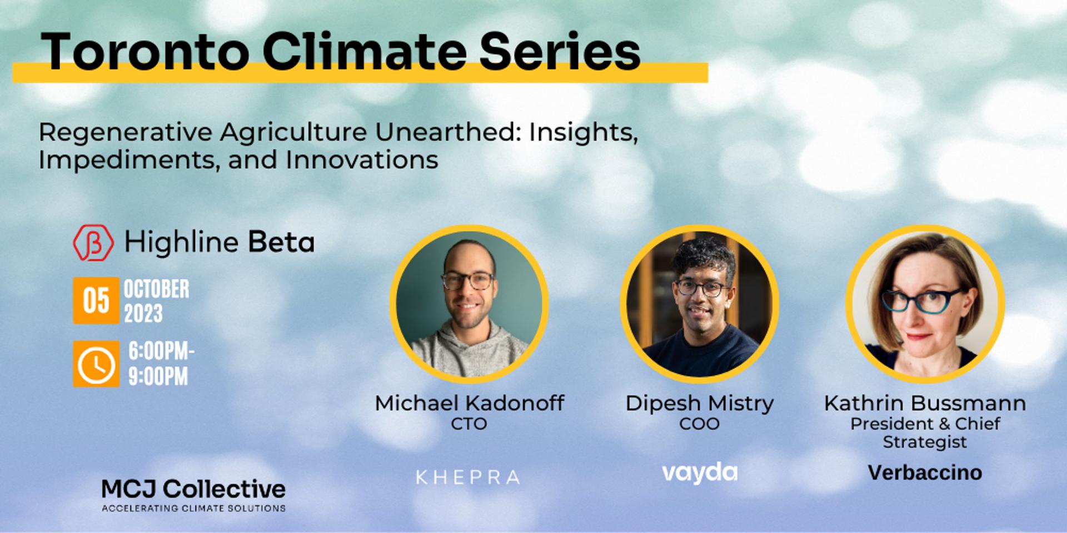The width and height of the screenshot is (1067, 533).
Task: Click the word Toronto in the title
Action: (x=145, y=52)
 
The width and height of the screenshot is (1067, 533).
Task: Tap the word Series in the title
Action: (x=560, y=52)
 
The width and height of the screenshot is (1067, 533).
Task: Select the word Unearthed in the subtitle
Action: (x=448, y=132)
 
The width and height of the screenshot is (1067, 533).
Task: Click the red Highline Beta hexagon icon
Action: (x=93, y=243)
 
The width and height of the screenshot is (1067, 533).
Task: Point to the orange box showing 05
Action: (x=96, y=300)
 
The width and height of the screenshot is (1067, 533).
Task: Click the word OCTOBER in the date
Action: (x=156, y=289)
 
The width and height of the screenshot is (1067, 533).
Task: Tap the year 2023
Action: (x=143, y=314)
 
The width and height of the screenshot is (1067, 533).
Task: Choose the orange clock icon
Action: (x=96, y=364)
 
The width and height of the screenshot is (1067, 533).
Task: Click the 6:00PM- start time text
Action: (x=161, y=351)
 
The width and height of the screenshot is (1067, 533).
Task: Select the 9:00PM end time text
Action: (x=158, y=376)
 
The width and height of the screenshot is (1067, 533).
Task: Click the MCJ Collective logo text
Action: (x=193, y=489)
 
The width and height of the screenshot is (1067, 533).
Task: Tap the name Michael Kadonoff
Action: (x=470, y=403)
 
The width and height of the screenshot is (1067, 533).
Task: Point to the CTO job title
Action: (x=469, y=424)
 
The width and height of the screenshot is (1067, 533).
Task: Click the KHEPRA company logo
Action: (x=468, y=477)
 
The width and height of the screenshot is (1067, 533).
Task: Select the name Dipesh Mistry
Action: (x=700, y=404)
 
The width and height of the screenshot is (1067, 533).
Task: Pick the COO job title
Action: (x=700, y=424)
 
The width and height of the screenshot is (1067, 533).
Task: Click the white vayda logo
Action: (x=700, y=473)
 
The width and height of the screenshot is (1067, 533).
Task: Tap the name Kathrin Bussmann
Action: (x=925, y=403)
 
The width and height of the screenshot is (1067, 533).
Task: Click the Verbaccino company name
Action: (x=925, y=473)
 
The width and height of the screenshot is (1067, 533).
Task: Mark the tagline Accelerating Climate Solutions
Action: (x=193, y=508)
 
